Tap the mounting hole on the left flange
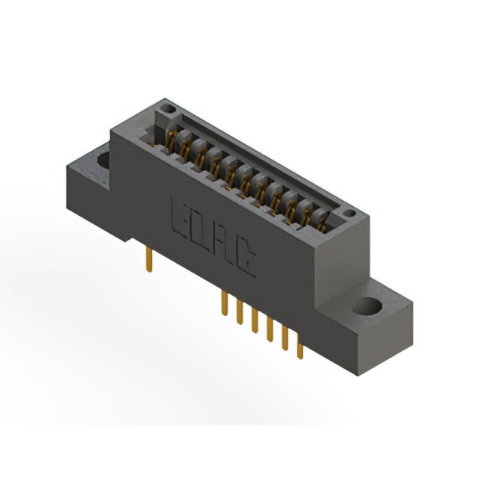tap(104, 161)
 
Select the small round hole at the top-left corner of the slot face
tap(167, 108)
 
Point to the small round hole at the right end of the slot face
tap(349, 213)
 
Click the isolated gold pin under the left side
tap(149, 260)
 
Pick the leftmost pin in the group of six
tap(225, 302)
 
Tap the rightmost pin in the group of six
tap(300, 350)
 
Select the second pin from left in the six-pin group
tap(240, 312)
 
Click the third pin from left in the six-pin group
tap(255, 321)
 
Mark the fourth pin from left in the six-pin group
tap(270, 330)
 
